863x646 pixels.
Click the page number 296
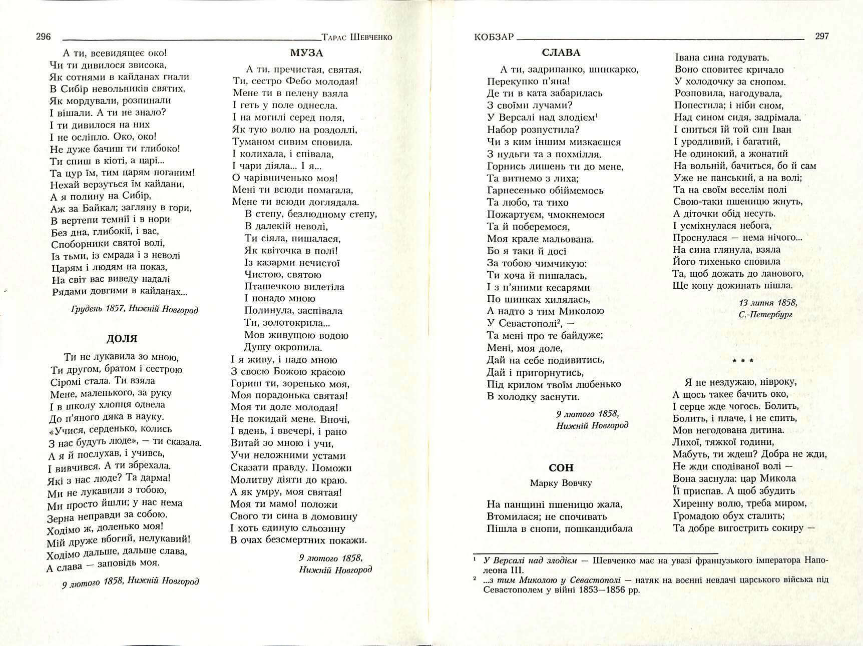pos(43,37)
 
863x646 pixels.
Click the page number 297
pos(821,36)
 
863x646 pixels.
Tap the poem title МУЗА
pos(306,53)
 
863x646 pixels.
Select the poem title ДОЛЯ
pos(122,339)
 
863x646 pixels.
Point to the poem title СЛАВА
pos(561,53)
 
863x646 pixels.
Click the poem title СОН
pos(561,468)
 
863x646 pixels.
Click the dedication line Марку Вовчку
pos(561,483)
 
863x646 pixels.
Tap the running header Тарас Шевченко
pos(357,37)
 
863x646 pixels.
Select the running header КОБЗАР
pos(494,37)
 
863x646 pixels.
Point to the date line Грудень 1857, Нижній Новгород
pos(135,310)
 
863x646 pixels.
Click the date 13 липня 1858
pos(768,303)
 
